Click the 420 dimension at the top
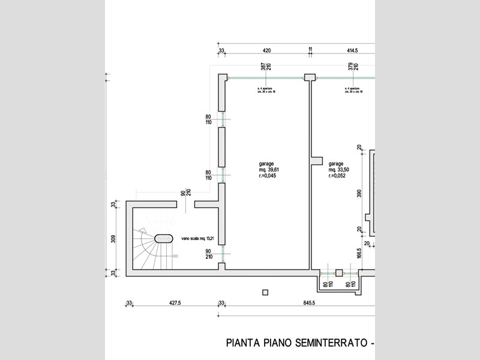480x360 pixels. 267,50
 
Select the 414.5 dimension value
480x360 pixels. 352,50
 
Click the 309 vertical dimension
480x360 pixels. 113,238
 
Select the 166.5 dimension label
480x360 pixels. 359,254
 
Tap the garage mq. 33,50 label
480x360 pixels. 337,170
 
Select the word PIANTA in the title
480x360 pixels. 243,344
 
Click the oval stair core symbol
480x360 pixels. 163,238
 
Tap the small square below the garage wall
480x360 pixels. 265,292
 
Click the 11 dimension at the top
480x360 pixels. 310,50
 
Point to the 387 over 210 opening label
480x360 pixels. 266,67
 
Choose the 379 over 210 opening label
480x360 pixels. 352,67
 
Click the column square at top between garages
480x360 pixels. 310,77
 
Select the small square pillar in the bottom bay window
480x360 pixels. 338,272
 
